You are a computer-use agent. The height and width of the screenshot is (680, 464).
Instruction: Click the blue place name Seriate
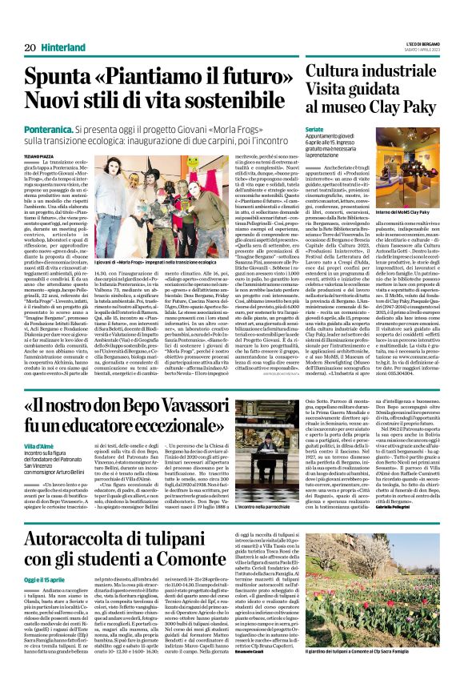coord(318,127)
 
